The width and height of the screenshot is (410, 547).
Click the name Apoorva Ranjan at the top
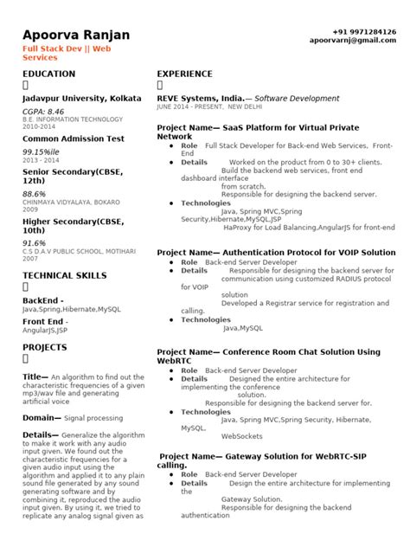(x=76, y=35)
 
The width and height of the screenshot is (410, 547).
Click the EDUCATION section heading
(x=48, y=75)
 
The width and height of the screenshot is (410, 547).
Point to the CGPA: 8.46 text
(x=43, y=112)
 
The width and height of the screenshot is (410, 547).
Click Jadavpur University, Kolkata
(x=82, y=100)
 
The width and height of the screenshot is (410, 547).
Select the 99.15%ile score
(x=41, y=151)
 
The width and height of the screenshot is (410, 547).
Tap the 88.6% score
(x=35, y=195)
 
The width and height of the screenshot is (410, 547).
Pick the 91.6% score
(x=35, y=243)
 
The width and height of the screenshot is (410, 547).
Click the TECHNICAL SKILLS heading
(x=64, y=274)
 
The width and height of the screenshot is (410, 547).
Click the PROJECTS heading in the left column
(x=44, y=346)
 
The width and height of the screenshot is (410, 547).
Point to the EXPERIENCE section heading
(x=185, y=75)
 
